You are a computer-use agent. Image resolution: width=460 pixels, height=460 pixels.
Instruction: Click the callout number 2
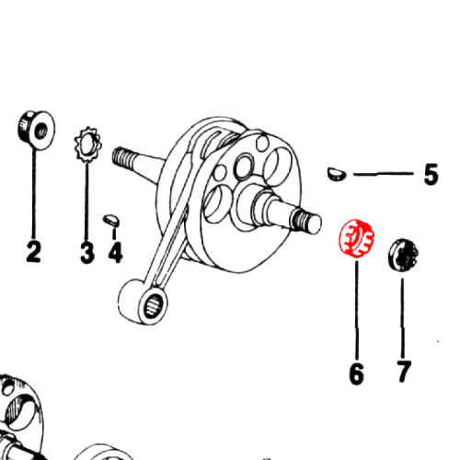33,251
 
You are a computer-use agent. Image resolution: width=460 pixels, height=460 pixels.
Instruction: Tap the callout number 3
87,252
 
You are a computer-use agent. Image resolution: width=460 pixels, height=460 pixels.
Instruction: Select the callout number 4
115,252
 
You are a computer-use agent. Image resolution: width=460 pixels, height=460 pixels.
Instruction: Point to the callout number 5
431,174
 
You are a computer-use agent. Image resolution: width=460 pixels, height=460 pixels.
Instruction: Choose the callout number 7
403,372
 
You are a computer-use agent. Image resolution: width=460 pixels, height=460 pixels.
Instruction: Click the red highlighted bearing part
356,236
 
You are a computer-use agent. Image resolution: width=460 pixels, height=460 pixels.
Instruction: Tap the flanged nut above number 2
36,131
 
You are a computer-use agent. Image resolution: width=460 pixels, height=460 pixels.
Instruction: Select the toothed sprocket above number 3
87,144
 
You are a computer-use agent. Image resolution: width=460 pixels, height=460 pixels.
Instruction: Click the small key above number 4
111,220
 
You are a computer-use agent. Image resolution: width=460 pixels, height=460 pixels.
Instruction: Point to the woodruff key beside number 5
337,174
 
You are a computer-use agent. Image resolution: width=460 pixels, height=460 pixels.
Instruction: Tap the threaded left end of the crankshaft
123,156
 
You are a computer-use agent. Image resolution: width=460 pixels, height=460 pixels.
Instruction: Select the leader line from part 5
384,174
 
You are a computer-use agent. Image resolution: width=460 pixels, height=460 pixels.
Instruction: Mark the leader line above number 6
356,309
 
